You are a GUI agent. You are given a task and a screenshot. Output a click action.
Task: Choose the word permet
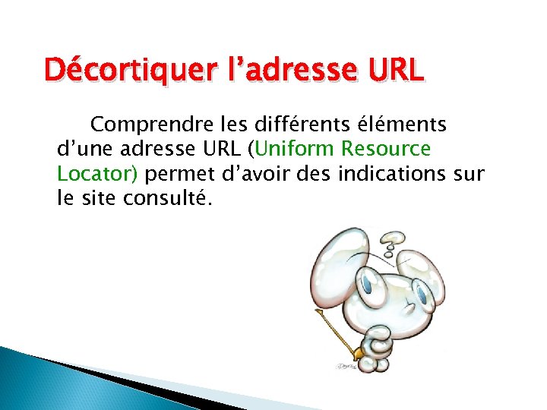tap(173, 174)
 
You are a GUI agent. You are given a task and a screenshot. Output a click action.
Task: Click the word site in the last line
tap(100, 200)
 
